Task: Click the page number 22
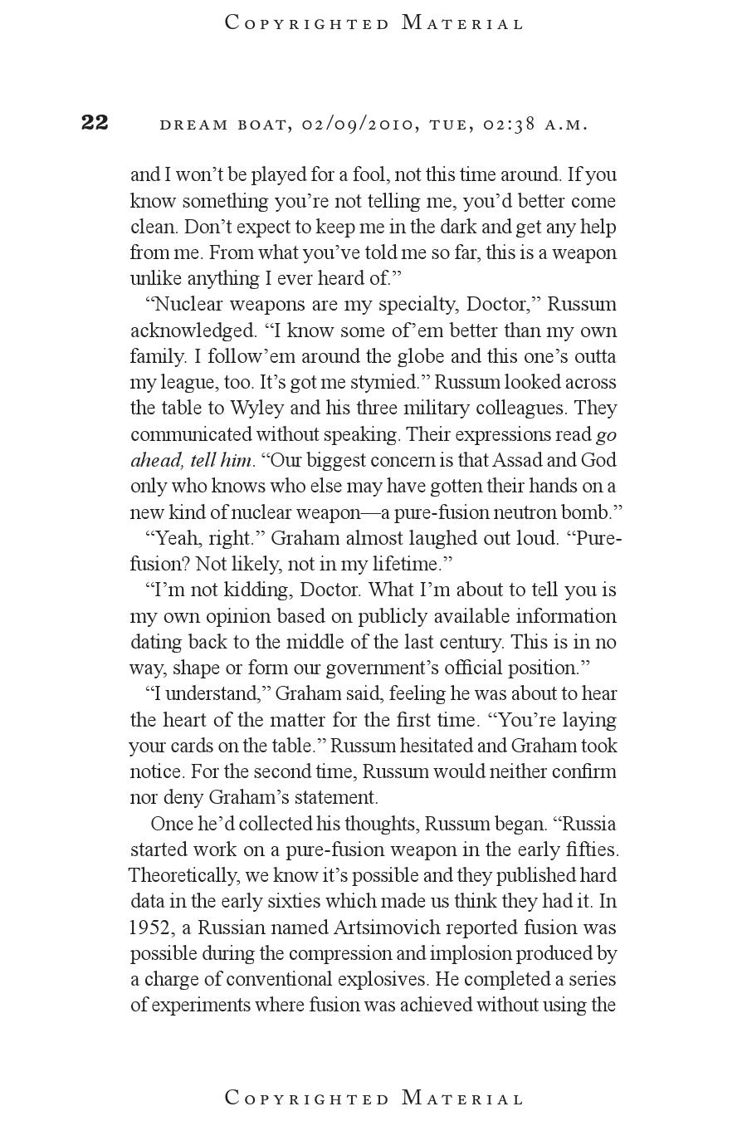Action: point(95,123)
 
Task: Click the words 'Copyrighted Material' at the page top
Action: point(374,23)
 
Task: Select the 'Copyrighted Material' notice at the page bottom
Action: point(374,1099)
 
